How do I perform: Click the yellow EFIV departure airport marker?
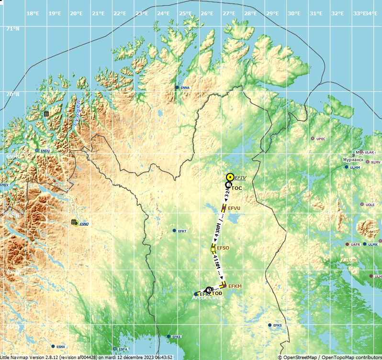click(x=230, y=177)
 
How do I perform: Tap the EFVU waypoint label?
click(x=234, y=208)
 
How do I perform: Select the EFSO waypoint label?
click(x=223, y=248)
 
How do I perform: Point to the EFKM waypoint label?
click(x=235, y=286)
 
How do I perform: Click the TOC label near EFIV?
click(x=236, y=188)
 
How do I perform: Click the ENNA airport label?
click(x=185, y=87)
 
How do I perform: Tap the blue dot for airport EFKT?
click(x=174, y=230)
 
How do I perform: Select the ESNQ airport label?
click(x=84, y=224)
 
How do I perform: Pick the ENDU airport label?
click(x=45, y=151)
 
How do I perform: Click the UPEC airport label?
click(x=321, y=139)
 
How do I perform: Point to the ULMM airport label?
click(x=355, y=167)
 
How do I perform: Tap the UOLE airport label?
click(x=370, y=205)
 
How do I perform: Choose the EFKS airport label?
click(x=278, y=326)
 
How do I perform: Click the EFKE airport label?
click(x=177, y=337)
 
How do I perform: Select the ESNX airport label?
click(x=61, y=347)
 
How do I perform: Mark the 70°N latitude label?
click(x=12, y=94)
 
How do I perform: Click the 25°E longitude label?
click(x=185, y=13)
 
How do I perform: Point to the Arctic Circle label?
click(x=208, y=297)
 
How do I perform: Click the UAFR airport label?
click(x=355, y=244)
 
